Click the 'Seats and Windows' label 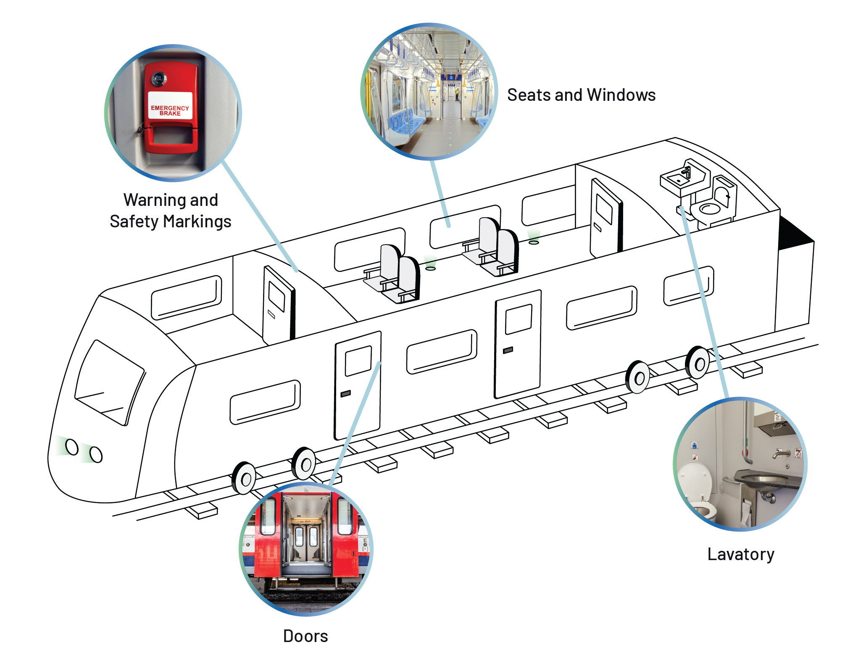click(581, 95)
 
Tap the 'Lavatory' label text click(741, 555)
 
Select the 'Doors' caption click(305, 636)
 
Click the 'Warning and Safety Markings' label click(171, 211)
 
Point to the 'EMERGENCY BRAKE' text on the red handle click(170, 111)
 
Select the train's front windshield click(109, 382)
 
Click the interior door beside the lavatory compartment click(605, 218)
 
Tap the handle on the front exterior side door click(345, 394)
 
